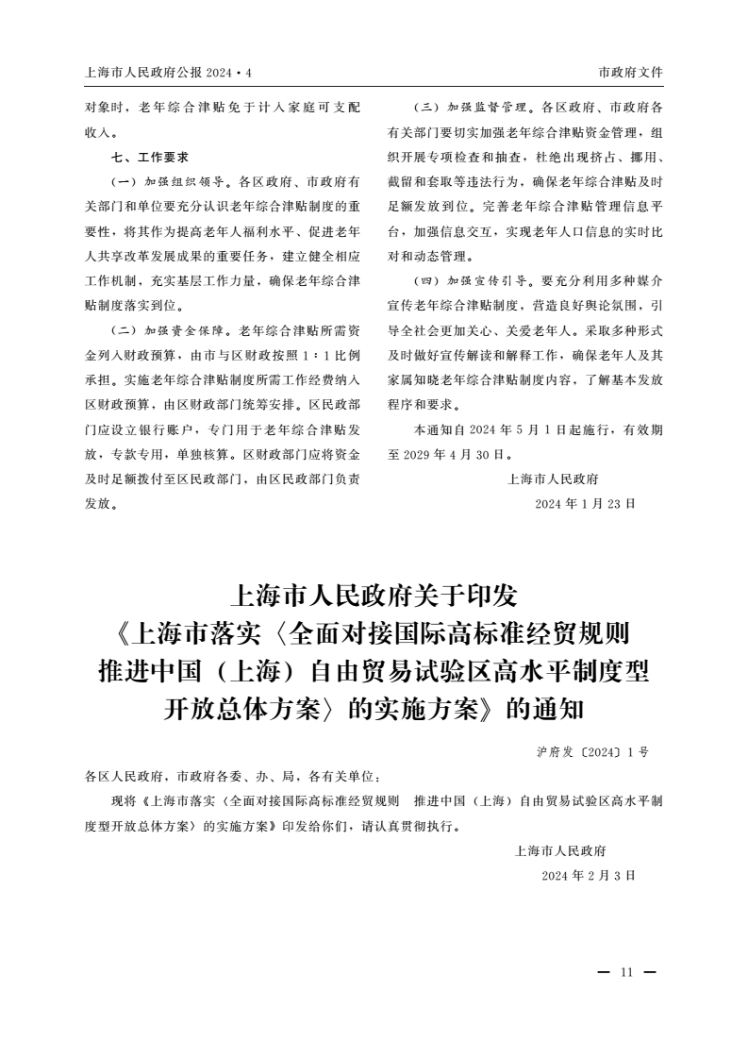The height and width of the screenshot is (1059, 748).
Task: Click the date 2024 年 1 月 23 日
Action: (x=585, y=504)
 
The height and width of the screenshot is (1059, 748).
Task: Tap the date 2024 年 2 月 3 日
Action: (x=589, y=876)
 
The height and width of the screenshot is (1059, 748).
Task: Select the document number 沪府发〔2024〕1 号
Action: (x=592, y=752)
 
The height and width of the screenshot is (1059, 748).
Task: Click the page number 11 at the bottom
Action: (x=626, y=973)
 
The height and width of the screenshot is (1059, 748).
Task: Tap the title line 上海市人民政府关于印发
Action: (x=374, y=596)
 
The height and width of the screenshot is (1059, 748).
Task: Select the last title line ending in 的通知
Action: (x=374, y=708)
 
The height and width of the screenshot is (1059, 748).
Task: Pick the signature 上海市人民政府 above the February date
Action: (x=560, y=850)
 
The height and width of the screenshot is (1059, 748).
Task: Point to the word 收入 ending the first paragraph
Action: (x=97, y=132)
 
